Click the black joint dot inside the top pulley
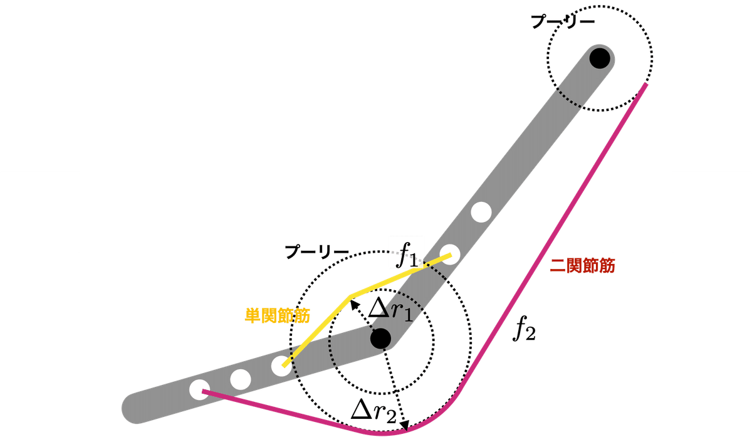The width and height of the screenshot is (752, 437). [600, 58]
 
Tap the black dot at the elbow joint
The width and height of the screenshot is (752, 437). [381, 338]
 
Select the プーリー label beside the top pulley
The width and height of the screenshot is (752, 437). [563, 22]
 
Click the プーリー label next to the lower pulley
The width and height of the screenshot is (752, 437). [317, 252]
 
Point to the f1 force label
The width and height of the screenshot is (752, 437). [407, 256]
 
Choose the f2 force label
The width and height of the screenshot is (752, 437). [524, 329]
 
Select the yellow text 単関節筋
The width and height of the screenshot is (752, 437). [277, 316]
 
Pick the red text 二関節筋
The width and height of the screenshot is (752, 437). [582, 266]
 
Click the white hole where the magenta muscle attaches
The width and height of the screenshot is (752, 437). [200, 390]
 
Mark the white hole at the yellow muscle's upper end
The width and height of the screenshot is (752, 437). [449, 255]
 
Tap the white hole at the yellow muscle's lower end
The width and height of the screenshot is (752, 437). [281, 366]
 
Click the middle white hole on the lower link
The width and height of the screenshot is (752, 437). [241, 379]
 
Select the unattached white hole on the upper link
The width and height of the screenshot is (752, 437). [481, 213]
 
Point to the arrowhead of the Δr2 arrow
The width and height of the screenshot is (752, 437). [406, 426]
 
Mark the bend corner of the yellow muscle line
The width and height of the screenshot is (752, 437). [350, 297]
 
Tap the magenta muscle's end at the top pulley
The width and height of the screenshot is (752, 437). [645, 84]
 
